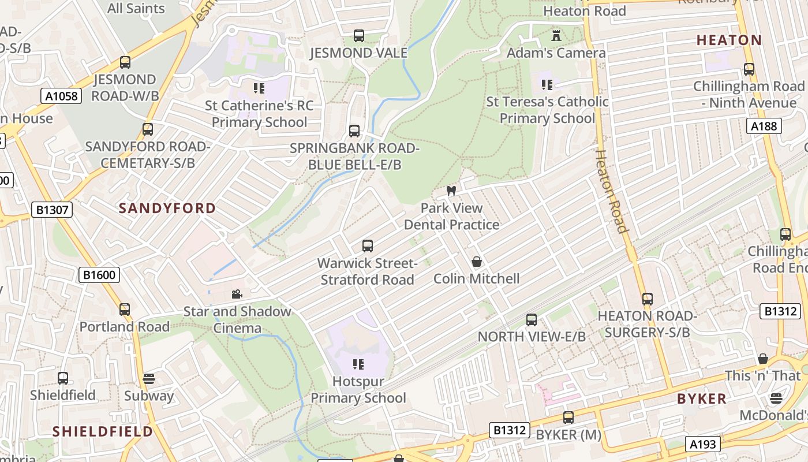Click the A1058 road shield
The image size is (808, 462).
click(x=61, y=96)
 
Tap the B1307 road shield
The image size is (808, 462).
click(x=52, y=210)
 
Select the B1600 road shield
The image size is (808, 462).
click(x=99, y=275)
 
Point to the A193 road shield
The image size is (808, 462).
click(x=703, y=444)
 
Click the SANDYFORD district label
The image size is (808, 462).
click(x=167, y=208)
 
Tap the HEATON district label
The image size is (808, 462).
click(x=729, y=40)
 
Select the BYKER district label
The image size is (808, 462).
click(x=701, y=399)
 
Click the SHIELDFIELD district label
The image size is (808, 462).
click(x=103, y=431)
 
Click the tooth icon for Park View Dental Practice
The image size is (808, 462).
click(x=451, y=191)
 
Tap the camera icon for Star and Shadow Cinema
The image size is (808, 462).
click(x=237, y=295)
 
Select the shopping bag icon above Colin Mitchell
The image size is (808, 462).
click(x=477, y=262)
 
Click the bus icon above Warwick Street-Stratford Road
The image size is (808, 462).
click(x=368, y=246)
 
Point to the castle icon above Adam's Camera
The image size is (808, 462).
click(x=556, y=36)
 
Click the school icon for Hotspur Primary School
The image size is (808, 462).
click(x=358, y=364)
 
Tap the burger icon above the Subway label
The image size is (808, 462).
click(x=149, y=379)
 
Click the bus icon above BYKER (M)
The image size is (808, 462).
click(x=568, y=417)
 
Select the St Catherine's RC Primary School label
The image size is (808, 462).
click(x=259, y=114)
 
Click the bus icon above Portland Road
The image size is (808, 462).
click(x=125, y=310)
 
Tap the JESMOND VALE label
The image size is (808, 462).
click(x=358, y=53)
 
